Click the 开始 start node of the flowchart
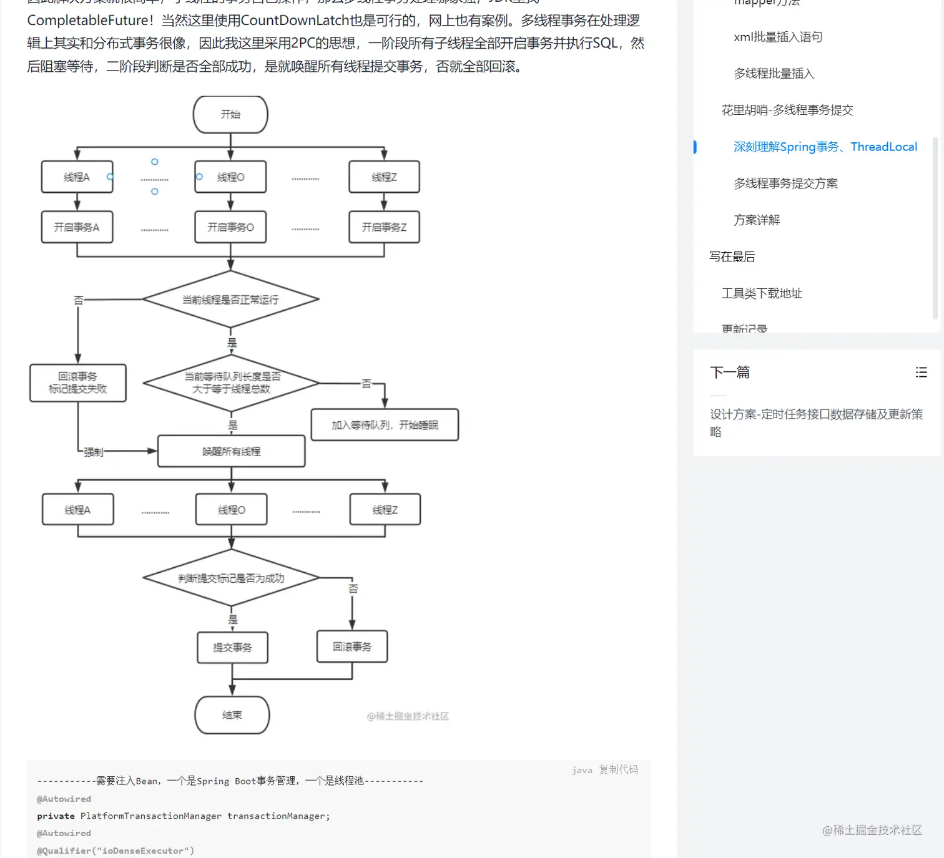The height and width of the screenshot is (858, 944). click(x=230, y=115)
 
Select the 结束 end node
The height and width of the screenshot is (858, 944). click(x=232, y=715)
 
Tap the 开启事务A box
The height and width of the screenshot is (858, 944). click(x=77, y=227)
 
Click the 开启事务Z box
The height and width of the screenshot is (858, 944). click(x=384, y=227)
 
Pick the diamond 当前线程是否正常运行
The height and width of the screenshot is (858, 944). click(x=230, y=300)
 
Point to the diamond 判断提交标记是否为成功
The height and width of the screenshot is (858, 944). click(x=231, y=578)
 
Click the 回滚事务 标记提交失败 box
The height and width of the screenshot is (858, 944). click(x=78, y=383)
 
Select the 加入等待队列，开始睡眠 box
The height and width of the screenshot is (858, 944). click(x=385, y=425)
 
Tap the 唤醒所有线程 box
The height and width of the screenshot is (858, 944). click(x=231, y=451)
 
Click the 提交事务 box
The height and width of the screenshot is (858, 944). click(x=232, y=648)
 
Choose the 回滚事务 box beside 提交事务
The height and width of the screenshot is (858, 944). click(x=352, y=646)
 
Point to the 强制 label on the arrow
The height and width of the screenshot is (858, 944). click(x=94, y=452)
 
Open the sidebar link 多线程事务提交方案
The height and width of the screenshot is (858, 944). click(x=785, y=183)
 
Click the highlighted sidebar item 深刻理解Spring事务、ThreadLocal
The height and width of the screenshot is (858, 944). click(x=825, y=147)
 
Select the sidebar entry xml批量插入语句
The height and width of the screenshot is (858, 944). click(x=778, y=37)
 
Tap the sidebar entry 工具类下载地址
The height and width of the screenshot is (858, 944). click(x=762, y=293)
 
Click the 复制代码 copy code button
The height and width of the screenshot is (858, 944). click(x=618, y=769)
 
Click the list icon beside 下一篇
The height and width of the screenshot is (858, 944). click(x=921, y=373)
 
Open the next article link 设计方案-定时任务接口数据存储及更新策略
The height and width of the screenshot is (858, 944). click(x=816, y=422)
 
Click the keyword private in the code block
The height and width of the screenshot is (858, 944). click(x=56, y=816)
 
